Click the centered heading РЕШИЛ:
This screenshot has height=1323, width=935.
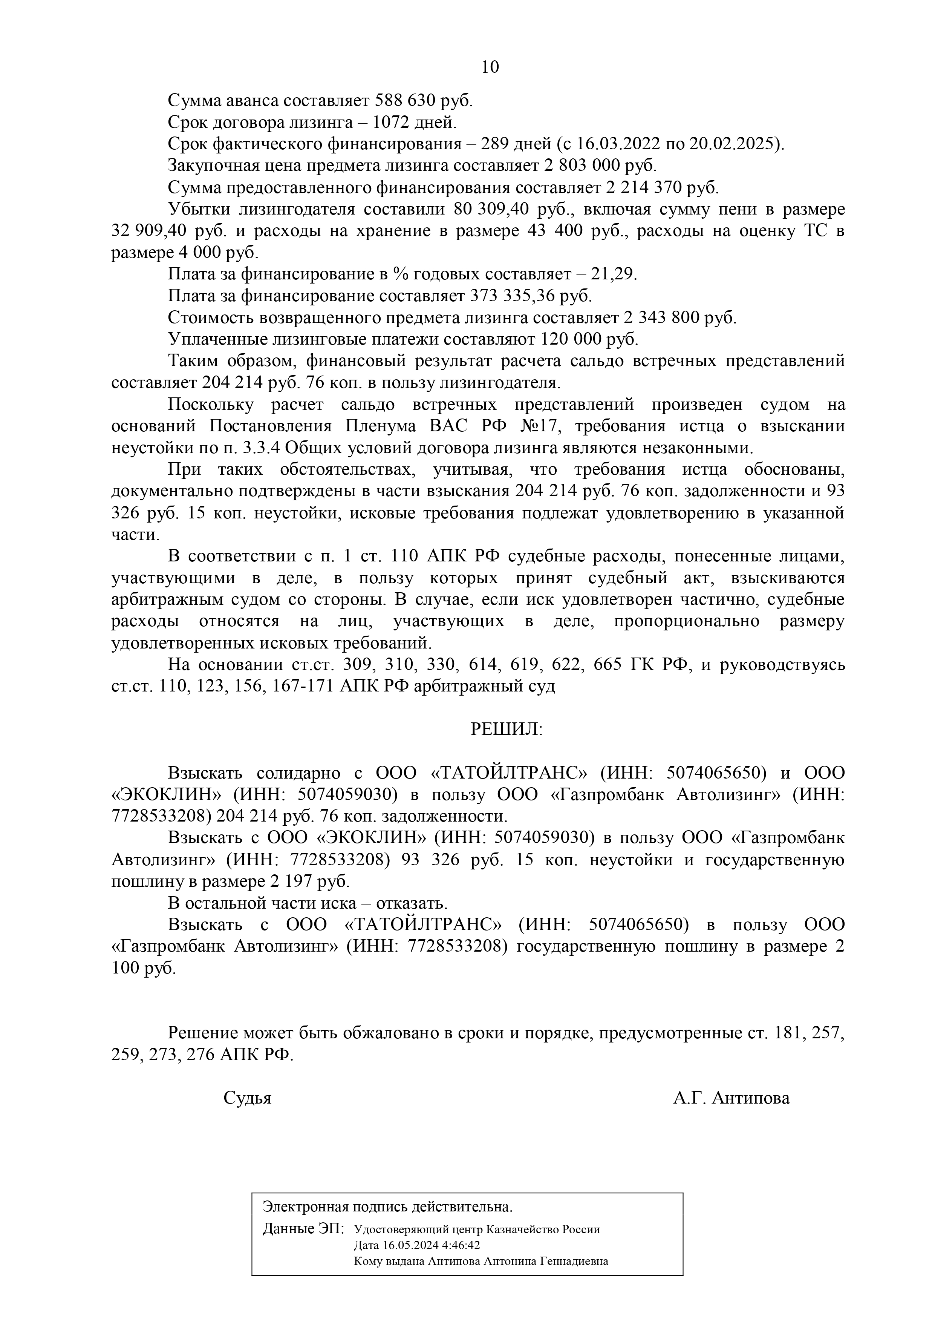pyautogui.click(x=507, y=730)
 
